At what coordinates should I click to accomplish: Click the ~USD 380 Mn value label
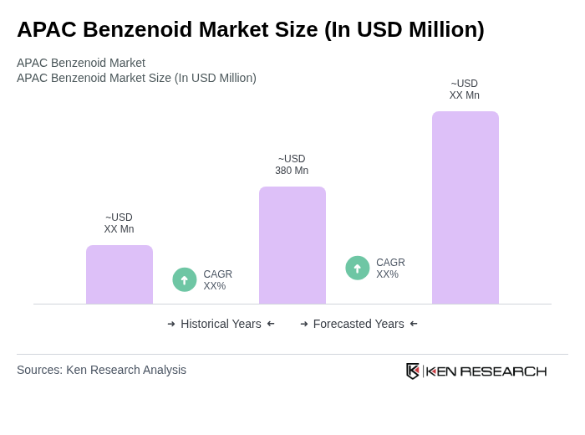tap(292, 165)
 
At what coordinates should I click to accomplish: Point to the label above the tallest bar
tap(465, 90)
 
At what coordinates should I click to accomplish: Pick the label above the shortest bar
tap(119, 223)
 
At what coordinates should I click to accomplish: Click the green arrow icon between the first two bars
tap(185, 279)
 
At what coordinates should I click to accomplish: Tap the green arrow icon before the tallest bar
tap(358, 268)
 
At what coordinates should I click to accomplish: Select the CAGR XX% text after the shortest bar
tap(217, 280)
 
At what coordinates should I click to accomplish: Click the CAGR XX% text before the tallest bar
tap(390, 269)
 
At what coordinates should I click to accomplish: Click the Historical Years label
tap(221, 324)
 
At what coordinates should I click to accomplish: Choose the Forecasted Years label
tap(359, 324)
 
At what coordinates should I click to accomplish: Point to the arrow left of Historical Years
tap(171, 324)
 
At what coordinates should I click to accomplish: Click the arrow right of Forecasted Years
tap(414, 324)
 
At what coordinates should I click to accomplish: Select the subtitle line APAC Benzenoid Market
tap(81, 63)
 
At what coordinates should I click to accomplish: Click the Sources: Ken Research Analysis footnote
tap(101, 370)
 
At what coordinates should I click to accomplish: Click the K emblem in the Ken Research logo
tap(413, 371)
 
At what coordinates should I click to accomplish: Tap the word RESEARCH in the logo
tap(503, 371)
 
